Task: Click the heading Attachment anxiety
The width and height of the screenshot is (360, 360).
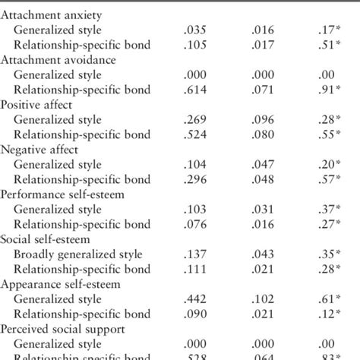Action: [52, 15]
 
